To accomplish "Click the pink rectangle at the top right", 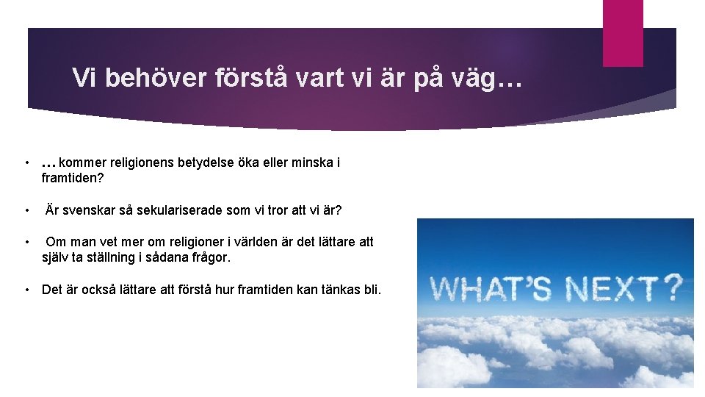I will coord(622,32).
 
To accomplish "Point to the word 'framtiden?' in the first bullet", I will coord(72,178).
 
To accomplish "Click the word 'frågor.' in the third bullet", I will coord(209,258).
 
